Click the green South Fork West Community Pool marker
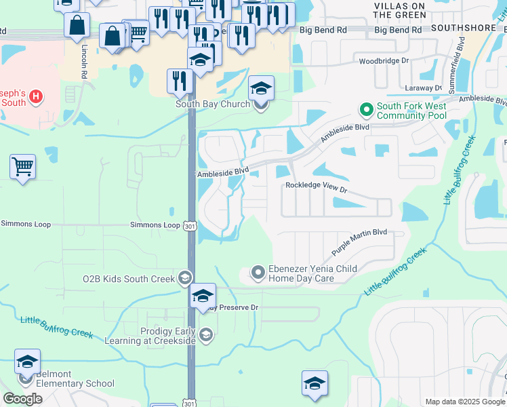pyautogui.click(x=367, y=109)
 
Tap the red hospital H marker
pyautogui.click(x=37, y=97)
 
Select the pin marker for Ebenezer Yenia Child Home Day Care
pyautogui.click(x=258, y=273)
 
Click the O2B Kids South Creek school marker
pyautogui.click(x=184, y=278)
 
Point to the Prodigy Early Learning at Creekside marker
pyautogui.click(x=206, y=334)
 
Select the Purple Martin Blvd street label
pyautogui.click(x=359, y=242)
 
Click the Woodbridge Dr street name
pyautogui.click(x=384, y=61)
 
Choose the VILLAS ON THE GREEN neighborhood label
pyautogui.click(x=400, y=10)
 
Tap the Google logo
pyautogui.click(x=22, y=399)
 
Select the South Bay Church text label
pyautogui.click(x=213, y=104)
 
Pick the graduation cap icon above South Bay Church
pyautogui.click(x=261, y=88)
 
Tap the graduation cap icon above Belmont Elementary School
pyautogui.click(x=28, y=362)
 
